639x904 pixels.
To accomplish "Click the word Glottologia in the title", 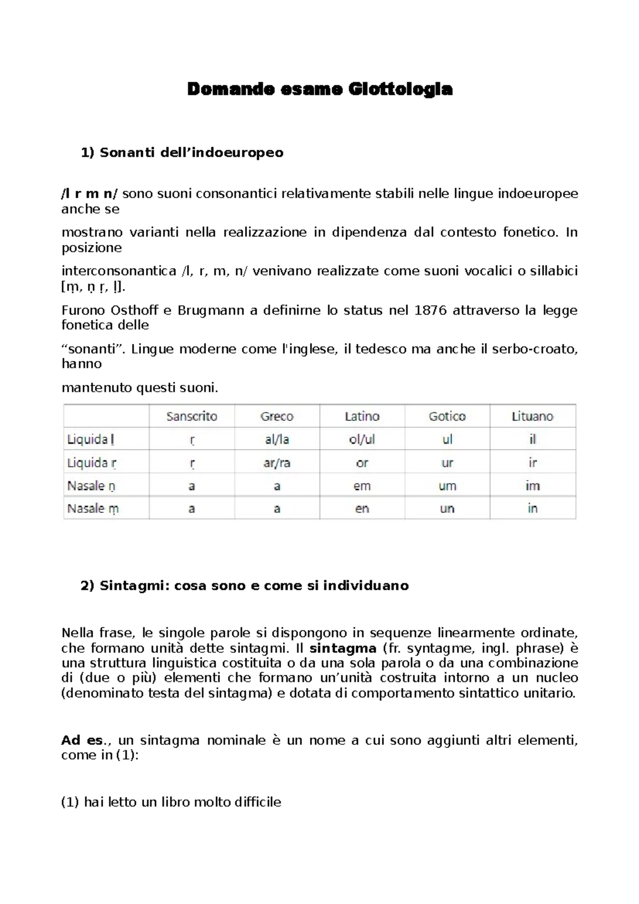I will tap(400, 89).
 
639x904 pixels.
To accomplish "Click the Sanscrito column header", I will tap(192, 416).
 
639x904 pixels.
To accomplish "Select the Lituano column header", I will tap(532, 416).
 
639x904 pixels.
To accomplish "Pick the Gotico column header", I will tap(447, 416).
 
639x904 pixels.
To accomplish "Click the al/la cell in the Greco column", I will tap(277, 440).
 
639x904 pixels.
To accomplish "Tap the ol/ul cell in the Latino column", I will tap(362, 440).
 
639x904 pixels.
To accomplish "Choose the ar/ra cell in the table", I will tap(277, 463).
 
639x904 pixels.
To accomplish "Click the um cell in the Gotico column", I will tap(447, 486).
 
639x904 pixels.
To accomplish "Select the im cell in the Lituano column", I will tap(532, 486).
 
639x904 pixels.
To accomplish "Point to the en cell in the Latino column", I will tap(362, 509).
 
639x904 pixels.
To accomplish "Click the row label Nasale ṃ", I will tap(93, 509).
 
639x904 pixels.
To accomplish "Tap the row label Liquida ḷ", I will tap(91, 440).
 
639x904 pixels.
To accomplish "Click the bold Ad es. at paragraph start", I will tap(81, 741).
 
